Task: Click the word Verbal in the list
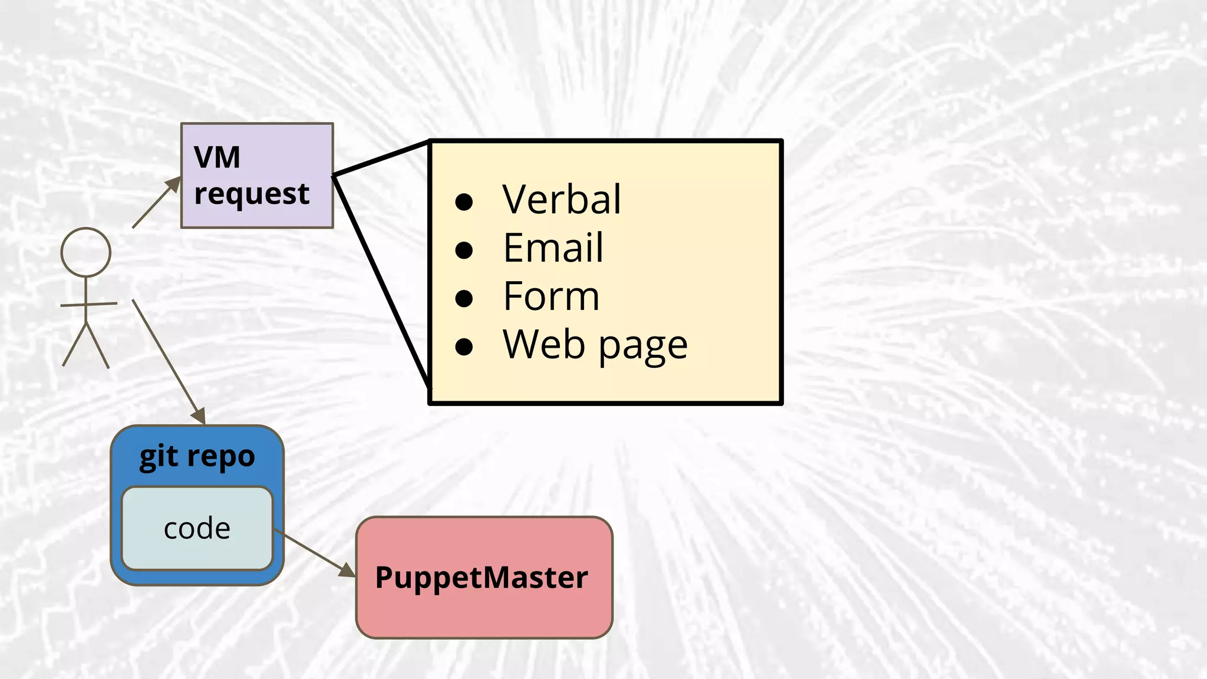[x=562, y=199]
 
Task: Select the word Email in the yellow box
[x=553, y=248]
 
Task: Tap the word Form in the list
[x=551, y=296]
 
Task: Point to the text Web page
[x=595, y=345]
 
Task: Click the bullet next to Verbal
[x=464, y=202]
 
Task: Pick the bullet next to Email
[x=464, y=250]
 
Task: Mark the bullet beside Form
[x=464, y=299]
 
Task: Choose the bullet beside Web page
[x=464, y=347]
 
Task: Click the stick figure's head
[x=86, y=252]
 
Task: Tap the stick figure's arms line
[x=88, y=304]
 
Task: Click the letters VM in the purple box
[x=217, y=158]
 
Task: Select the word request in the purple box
[x=252, y=194]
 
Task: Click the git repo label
[x=197, y=457]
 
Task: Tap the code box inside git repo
[x=197, y=529]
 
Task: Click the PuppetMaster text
[x=482, y=578]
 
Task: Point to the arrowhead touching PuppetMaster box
[x=348, y=570]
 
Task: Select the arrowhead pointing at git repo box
[x=199, y=416]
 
